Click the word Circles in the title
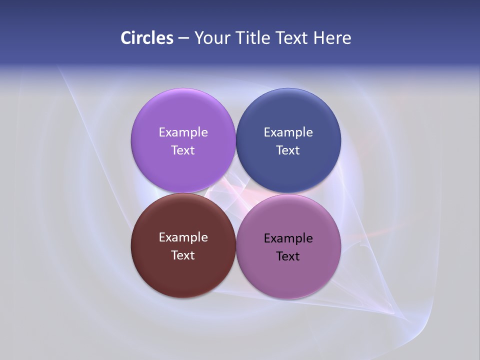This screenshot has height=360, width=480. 146,38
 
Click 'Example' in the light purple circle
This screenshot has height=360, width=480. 183,132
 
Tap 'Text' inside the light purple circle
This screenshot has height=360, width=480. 183,150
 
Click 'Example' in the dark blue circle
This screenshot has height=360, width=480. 288,132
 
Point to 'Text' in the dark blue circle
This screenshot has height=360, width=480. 288,150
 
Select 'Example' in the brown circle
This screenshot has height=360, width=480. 183,237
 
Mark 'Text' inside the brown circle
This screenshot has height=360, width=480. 183,255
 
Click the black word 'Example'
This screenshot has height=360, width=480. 288,238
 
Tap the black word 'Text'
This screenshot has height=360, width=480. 288,256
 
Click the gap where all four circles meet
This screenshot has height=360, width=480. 235,193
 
